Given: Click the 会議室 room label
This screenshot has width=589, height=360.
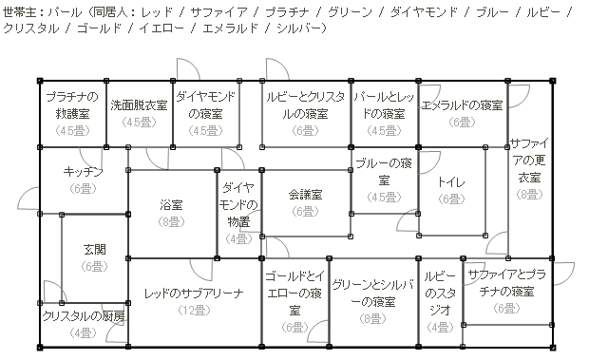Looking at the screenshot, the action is pyautogui.click(x=305, y=195).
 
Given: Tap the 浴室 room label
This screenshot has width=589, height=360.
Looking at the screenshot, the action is pyautogui.click(x=171, y=205).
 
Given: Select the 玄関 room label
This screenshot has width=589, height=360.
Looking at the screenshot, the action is pyautogui.click(x=95, y=249).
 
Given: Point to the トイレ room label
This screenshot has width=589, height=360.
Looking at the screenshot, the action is pyautogui.click(x=451, y=182).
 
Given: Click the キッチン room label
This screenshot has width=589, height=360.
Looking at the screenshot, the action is pyautogui.click(x=83, y=172).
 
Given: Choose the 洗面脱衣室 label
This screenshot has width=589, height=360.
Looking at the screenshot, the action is pyautogui.click(x=139, y=105).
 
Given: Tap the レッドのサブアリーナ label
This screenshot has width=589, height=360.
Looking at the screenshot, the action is pyautogui.click(x=194, y=294).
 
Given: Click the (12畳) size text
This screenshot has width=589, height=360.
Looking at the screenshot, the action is pyautogui.click(x=194, y=311).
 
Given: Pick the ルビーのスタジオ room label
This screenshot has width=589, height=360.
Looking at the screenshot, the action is pyautogui.click(x=440, y=294).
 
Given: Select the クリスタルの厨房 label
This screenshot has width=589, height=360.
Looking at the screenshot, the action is pyautogui.click(x=84, y=315).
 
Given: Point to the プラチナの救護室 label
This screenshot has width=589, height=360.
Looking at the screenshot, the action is pyautogui.click(x=72, y=105).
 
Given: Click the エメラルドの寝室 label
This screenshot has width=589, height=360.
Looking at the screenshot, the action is pyautogui.click(x=463, y=105).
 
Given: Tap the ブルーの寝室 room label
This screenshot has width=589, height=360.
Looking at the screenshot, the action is pyautogui.click(x=384, y=172).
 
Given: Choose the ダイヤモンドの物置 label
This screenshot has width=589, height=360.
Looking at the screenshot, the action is pyautogui.click(x=238, y=204).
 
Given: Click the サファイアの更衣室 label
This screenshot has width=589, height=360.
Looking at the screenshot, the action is pyautogui.click(x=530, y=161).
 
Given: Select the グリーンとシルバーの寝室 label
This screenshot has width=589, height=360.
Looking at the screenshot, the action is pyautogui.click(x=373, y=294).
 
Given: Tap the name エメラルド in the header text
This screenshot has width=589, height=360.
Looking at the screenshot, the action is pyautogui.click(x=230, y=28).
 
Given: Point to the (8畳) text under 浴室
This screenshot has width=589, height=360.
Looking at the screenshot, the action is pyautogui.click(x=171, y=222).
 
